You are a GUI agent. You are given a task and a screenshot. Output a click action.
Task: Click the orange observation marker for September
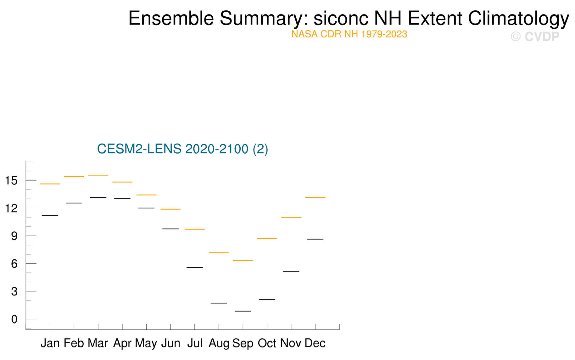243,260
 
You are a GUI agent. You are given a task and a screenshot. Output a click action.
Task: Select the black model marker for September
243,311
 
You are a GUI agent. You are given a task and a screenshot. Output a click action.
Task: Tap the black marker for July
195,267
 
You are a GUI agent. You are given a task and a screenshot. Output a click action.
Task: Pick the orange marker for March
98,175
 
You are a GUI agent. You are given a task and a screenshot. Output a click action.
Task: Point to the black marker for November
291,271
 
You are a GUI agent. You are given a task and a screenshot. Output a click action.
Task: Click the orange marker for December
315,197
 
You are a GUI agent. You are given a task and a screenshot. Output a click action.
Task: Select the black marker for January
50,216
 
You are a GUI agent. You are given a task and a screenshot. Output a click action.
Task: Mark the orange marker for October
267,238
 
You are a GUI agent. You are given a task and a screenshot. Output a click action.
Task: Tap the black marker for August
219,303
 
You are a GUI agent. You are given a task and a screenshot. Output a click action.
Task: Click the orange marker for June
170,209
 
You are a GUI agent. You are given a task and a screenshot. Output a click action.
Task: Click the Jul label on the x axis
195,343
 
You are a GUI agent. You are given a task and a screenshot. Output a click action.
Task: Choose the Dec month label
315,343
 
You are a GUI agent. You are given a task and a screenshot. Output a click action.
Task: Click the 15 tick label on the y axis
11,181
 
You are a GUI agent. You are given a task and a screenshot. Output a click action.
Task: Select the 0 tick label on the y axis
14,319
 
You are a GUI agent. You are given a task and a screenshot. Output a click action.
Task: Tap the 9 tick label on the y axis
14,236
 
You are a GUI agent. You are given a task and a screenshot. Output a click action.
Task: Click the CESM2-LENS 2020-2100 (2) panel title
182,149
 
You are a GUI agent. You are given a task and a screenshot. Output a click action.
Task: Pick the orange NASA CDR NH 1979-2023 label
349,34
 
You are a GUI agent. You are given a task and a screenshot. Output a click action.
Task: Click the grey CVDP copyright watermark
535,37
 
